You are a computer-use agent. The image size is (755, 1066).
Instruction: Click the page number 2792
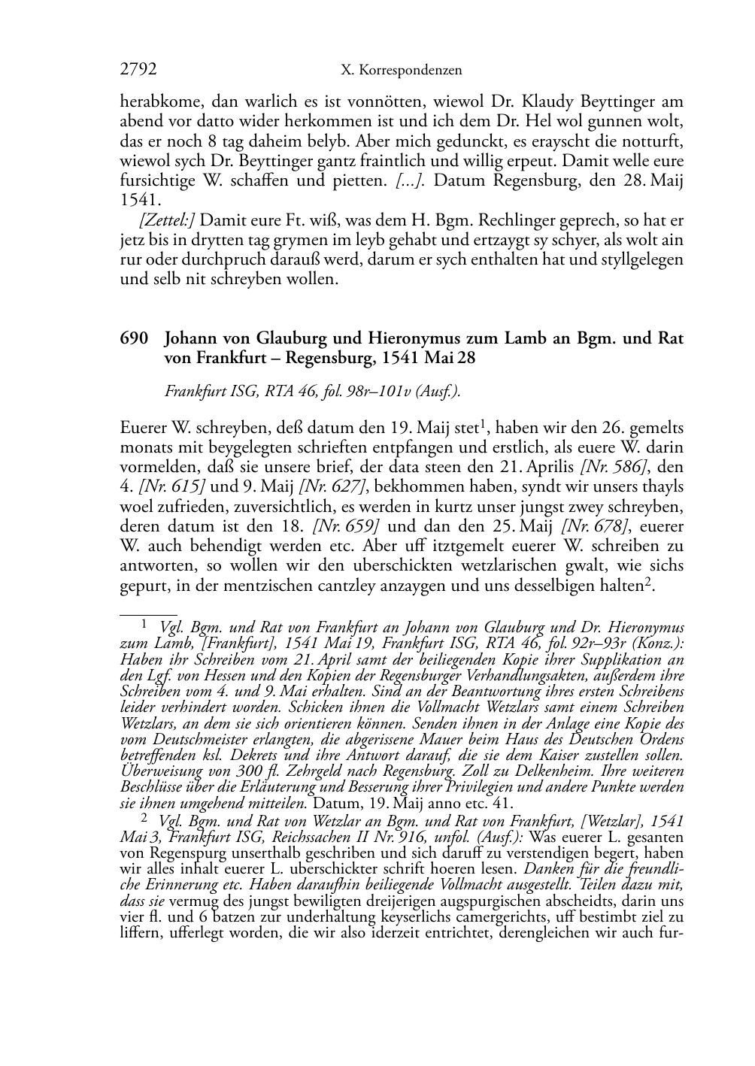[138, 70]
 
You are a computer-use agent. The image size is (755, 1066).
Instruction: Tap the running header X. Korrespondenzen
[401, 71]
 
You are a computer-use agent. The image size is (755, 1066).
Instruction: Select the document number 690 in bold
[132, 338]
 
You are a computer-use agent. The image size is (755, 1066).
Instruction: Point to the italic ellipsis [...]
[412, 181]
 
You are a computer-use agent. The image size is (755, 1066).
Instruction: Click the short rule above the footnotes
[148, 614]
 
